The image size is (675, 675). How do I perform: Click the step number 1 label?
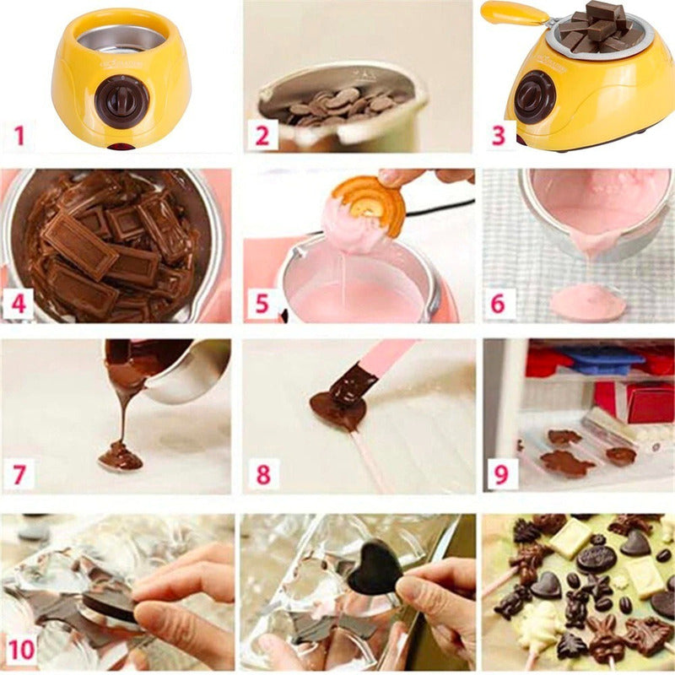pos(19,133)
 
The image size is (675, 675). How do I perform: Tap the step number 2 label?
pos(262,134)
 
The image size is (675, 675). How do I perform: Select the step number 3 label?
pos(499,134)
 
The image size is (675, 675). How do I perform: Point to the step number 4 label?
pos(18,302)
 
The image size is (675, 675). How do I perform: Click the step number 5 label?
pos(262,303)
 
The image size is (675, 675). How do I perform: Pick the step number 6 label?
pos(499,303)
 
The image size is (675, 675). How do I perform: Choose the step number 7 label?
pos(18,475)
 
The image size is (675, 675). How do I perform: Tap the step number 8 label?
pos(262,475)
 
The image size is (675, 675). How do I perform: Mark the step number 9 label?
pos(500,474)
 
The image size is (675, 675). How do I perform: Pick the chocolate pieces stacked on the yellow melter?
pos(601,25)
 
